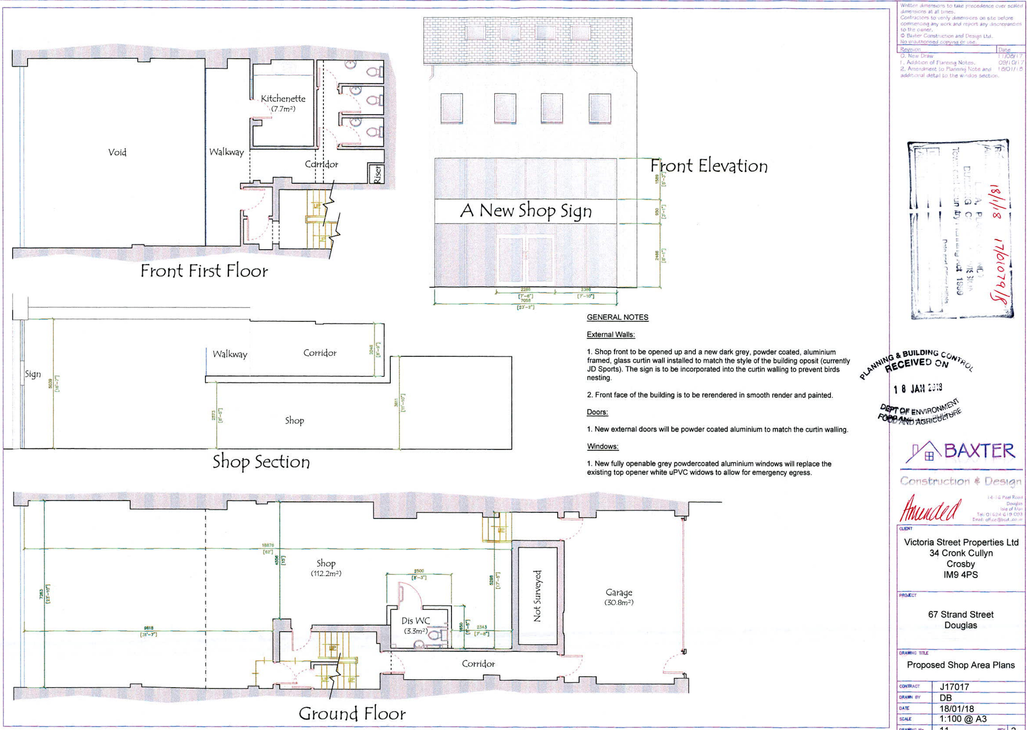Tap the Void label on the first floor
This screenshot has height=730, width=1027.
coord(117,152)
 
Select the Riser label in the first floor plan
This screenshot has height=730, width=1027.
coord(378,173)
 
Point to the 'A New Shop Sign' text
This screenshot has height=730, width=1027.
coord(526,211)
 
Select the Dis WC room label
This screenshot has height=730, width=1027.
coord(415,621)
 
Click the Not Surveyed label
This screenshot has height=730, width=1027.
coord(537,596)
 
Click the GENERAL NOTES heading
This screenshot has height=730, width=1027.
coord(617,317)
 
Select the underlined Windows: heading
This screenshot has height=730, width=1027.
coord(603,446)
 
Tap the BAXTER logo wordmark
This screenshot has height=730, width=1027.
coord(979,451)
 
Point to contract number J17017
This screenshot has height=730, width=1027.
coord(954,686)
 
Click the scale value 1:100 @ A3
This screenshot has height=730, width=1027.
coord(963,719)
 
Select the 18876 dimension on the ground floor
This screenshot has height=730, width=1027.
coord(268,545)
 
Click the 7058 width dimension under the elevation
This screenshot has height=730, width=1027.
coord(525,301)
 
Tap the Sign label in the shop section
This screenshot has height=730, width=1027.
coord(32,374)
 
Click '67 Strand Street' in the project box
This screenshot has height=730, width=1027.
coord(960,615)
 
